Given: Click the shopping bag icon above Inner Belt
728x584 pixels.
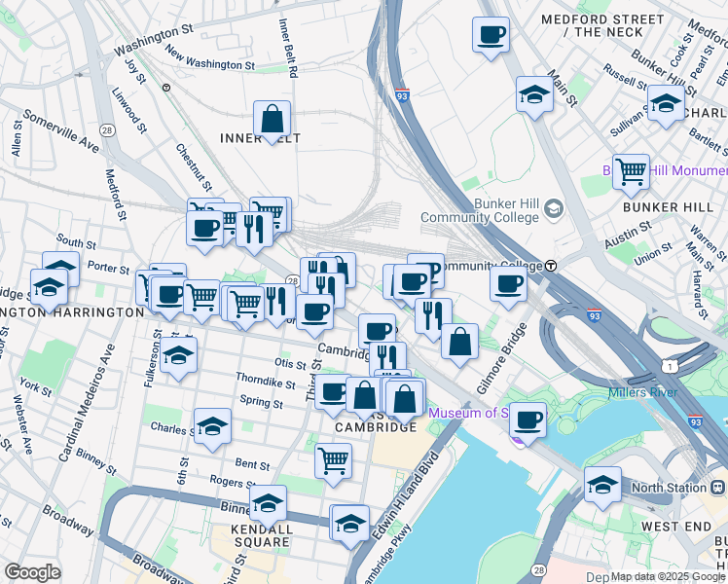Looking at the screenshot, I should coord(273,119).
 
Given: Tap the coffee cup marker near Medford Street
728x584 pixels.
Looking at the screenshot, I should coord(491,35).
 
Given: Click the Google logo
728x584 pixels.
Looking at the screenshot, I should coord(32,572).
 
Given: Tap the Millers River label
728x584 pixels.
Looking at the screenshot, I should coord(642,392).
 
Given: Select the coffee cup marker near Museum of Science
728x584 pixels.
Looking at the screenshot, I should coord(528,420).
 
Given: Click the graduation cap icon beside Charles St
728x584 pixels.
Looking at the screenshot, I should coord(212,425).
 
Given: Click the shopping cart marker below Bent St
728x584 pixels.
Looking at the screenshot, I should coord(333,458).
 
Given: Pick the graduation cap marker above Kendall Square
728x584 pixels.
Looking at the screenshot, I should coord(268,502).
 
